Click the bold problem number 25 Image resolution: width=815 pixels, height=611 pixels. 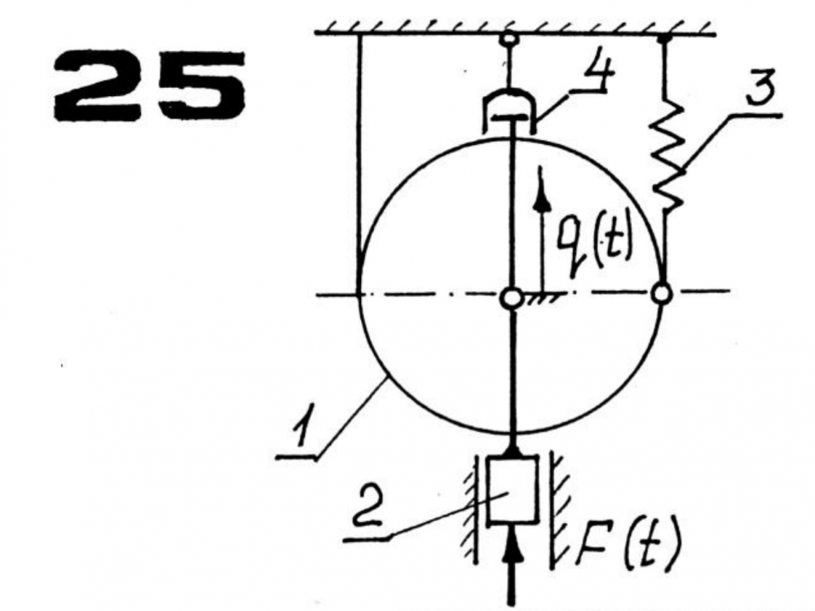point(149,86)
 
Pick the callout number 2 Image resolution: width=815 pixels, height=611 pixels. point(368,506)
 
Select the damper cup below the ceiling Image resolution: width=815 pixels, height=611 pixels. point(510,110)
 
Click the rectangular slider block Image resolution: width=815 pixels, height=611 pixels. point(512,489)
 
